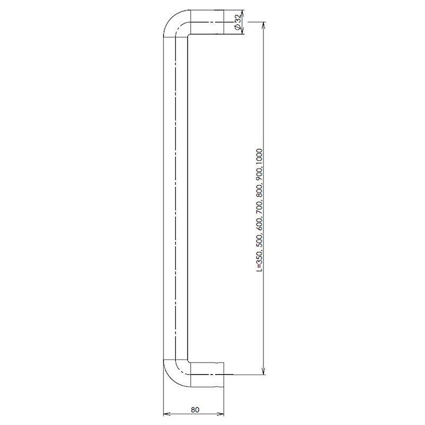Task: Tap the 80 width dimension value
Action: click(195, 410)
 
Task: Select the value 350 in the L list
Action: click(259, 257)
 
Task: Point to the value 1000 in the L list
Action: click(259, 156)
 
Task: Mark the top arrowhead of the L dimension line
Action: click(264, 25)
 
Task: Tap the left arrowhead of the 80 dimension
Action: click(167, 414)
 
